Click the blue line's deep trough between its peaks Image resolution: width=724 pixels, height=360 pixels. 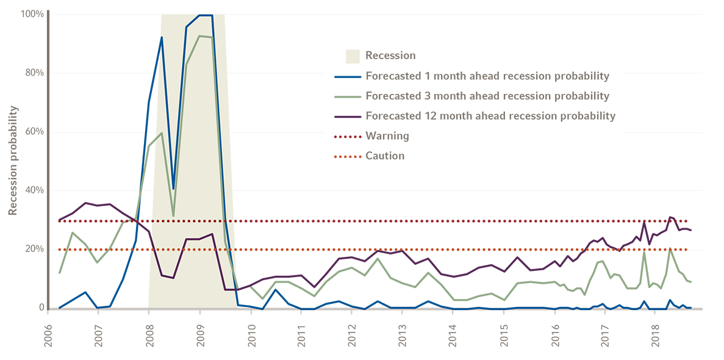pyautogui.click(x=173, y=187)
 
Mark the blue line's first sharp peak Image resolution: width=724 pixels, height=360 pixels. pyautogui.click(x=162, y=38)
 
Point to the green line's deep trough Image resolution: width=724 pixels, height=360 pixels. pyautogui.click(x=174, y=215)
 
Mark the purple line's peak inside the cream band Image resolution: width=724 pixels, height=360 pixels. pyautogui.click(x=212, y=234)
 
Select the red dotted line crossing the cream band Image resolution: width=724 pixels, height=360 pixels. pyautogui.click(x=189, y=220)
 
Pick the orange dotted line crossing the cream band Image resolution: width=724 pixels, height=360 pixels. pyautogui.click(x=189, y=250)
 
